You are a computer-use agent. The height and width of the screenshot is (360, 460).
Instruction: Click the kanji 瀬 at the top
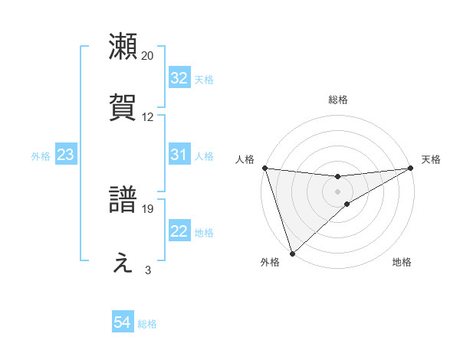coord(123,46)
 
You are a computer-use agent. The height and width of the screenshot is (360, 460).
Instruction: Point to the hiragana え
coord(123,262)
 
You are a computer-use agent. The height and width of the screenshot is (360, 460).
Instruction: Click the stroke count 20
coord(148,56)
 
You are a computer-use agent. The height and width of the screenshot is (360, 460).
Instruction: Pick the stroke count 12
coord(148,117)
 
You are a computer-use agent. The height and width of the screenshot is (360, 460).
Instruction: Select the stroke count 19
coord(148,208)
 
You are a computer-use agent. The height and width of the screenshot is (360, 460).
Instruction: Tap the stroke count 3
coord(148,270)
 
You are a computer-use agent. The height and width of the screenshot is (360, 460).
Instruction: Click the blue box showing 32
coord(179,78)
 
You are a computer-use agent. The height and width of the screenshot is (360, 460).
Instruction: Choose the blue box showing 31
coord(179,155)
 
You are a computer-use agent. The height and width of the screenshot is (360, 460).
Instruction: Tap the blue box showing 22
coord(179,231)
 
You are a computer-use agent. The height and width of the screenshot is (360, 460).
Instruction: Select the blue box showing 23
coord(66,155)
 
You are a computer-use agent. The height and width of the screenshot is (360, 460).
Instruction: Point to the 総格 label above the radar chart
coord(338,100)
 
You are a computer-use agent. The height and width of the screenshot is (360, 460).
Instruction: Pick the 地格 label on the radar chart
coord(402,262)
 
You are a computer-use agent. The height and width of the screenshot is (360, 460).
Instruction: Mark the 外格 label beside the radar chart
coord(270,262)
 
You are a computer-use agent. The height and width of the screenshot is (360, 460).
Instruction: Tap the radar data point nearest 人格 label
coord(264,168)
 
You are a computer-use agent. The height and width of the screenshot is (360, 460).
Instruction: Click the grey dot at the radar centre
coord(338,191)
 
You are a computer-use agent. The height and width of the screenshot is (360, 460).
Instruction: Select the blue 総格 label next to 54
coord(147,324)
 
